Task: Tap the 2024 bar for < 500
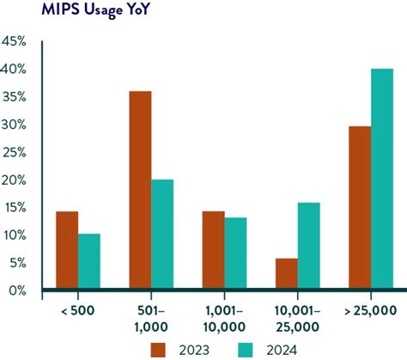click(88, 262)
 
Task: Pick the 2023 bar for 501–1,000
click(140, 191)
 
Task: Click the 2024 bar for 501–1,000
click(162, 235)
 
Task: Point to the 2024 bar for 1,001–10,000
click(235, 253)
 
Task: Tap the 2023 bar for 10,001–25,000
click(286, 274)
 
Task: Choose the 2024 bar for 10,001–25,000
click(309, 247)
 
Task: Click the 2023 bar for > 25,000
click(360, 208)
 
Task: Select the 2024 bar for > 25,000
click(382, 180)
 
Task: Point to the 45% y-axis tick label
click(15, 41)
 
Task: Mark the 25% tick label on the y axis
click(15, 152)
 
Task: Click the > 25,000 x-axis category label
click(371, 310)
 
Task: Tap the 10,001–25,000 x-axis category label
click(297, 318)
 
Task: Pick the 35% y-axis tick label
click(15, 96)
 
